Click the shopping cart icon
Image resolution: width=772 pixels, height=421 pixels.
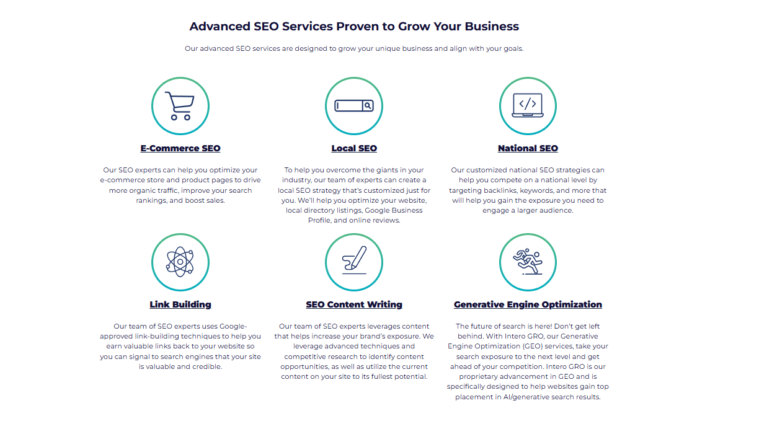pyautogui.click(x=180, y=106)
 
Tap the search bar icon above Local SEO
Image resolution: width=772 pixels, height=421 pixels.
pyautogui.click(x=354, y=106)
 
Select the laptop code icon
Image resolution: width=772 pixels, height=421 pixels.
pyautogui.click(x=528, y=105)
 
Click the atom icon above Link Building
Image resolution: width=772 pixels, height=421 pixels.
pyautogui.click(x=180, y=262)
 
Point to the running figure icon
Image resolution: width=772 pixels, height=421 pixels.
pyautogui.click(x=528, y=262)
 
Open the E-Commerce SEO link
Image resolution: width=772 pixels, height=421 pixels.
pyautogui.click(x=180, y=148)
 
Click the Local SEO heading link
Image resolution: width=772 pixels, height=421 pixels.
pyautogui.click(x=354, y=148)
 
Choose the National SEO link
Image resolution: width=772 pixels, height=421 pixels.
pyautogui.click(x=528, y=148)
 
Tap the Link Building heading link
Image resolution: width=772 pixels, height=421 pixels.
pyautogui.click(x=180, y=304)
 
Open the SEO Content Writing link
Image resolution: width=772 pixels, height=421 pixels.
pyautogui.click(x=354, y=304)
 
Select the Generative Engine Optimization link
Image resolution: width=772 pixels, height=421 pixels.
pyautogui.click(x=528, y=304)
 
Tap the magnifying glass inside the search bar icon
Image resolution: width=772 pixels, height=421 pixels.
pyautogui.click(x=368, y=106)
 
